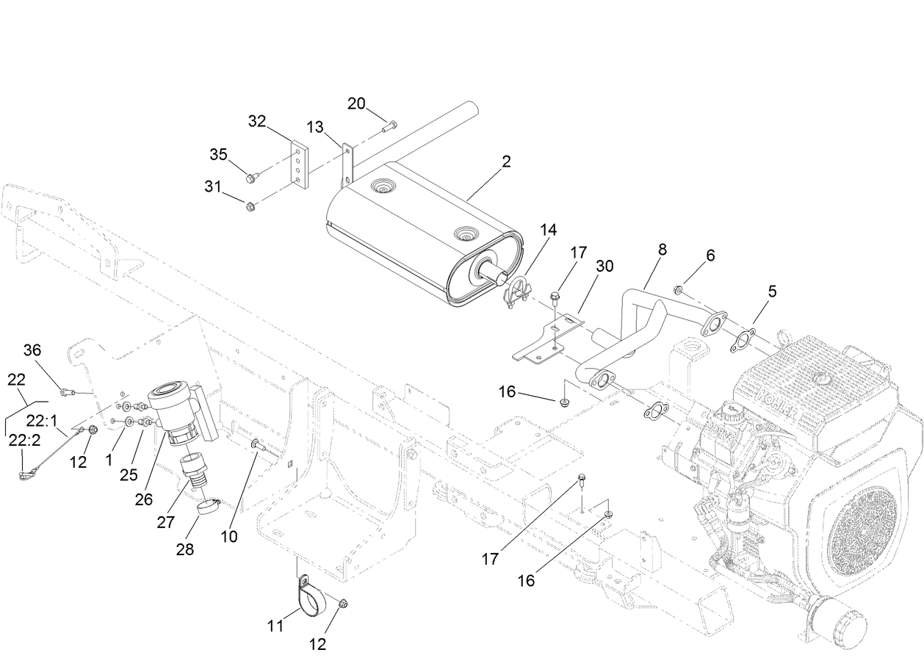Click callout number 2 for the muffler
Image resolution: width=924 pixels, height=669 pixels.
coord(506,162)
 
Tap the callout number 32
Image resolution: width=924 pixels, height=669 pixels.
coord(256,121)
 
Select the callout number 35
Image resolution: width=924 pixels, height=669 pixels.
coord(218,154)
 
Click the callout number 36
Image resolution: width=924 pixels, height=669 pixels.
coord(32,350)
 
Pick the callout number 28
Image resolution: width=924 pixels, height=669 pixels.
coord(185,549)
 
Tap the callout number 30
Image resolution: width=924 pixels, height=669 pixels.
coord(604,266)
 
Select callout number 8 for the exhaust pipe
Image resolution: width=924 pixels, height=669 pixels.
coord(662,250)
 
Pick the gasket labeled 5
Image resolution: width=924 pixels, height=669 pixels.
coord(744,340)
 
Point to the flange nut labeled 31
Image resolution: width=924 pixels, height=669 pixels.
coord(250,206)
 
